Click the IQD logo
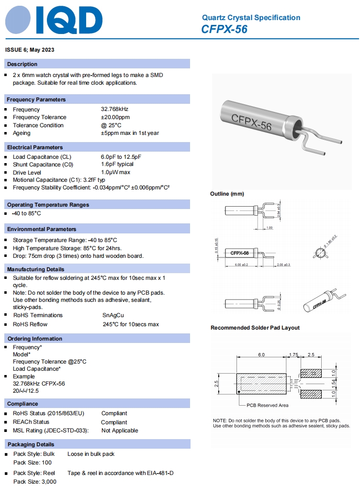54,21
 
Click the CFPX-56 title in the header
224,29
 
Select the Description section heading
22,64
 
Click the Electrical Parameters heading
35,147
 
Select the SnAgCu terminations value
113,315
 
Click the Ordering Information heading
34,339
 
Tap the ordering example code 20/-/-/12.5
26,391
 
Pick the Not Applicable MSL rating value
120,431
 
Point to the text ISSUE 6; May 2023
30,50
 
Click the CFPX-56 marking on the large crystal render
251,122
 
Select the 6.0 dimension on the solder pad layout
261,355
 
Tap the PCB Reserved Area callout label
267,405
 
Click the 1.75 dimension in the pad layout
293,355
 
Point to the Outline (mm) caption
227,194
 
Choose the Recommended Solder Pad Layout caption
255,328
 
